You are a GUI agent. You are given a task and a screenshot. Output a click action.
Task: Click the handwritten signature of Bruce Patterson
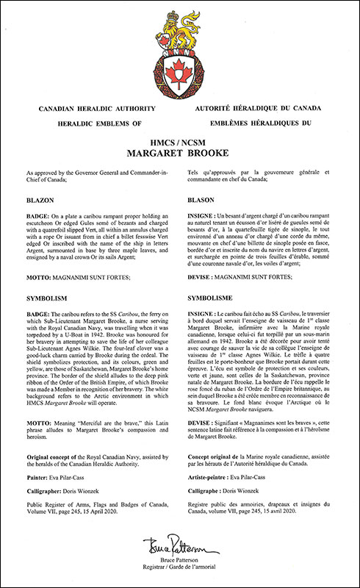pos(179,546)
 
